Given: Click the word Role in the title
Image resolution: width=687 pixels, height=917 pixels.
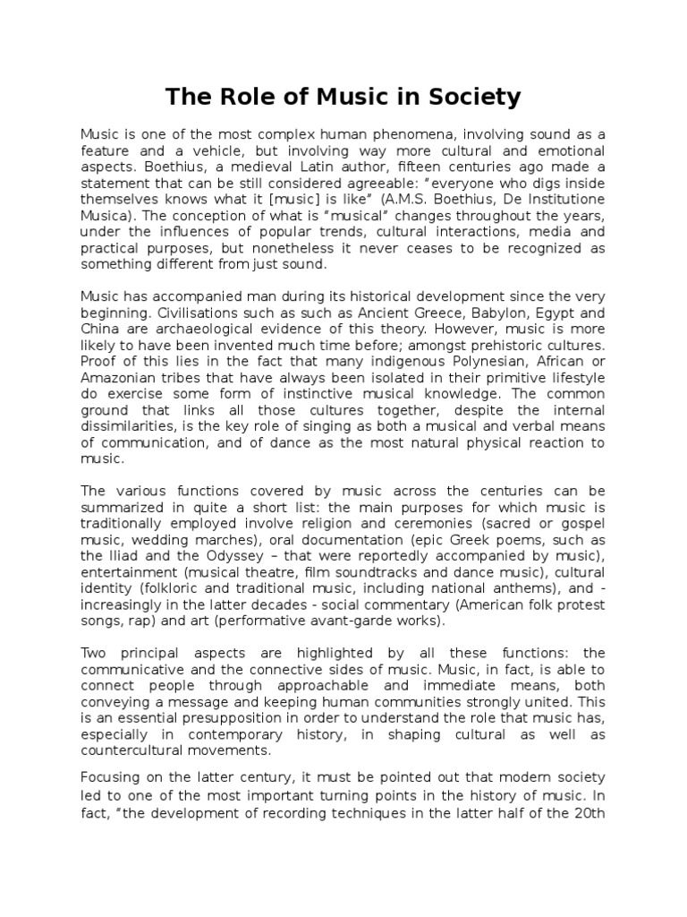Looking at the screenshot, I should (241, 97).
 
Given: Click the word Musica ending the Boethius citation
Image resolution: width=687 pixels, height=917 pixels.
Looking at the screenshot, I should (105, 216).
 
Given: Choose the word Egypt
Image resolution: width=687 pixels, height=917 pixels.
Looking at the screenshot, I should (532, 313).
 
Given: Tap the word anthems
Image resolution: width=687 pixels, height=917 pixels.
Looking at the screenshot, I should (505, 587).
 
